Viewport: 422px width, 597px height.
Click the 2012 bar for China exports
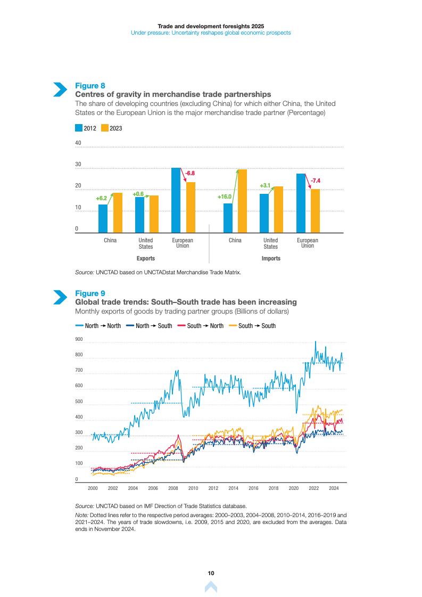point(103,218)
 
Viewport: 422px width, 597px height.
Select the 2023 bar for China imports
point(242,201)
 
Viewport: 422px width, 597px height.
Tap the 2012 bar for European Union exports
point(176,200)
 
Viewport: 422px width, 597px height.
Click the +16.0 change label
point(225,197)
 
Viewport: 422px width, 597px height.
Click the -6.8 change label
point(189,174)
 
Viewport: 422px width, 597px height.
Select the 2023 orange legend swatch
point(104,128)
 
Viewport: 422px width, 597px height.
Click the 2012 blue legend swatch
point(79,128)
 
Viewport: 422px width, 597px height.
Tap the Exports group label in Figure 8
point(145,258)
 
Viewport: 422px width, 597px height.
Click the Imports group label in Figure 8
point(270,258)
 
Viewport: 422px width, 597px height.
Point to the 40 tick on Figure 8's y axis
point(78,143)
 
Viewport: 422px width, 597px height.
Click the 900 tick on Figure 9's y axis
point(79,339)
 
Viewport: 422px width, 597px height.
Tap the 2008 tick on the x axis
point(173,488)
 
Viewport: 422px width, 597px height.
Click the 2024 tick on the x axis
point(334,488)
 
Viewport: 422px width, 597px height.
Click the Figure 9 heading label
point(90,293)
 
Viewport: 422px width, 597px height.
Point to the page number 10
point(211,573)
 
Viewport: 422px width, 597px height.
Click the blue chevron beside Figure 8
point(60,89)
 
